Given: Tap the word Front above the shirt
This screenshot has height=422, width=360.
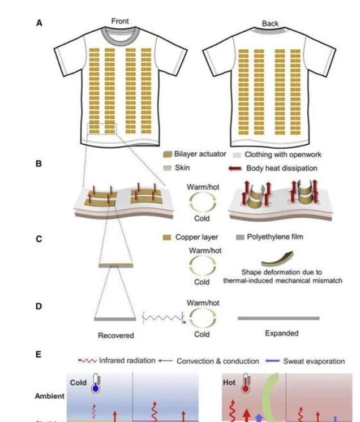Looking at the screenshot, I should point(120,21).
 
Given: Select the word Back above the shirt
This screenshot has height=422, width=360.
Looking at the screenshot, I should point(271,24).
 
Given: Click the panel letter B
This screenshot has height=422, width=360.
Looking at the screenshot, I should point(39,163).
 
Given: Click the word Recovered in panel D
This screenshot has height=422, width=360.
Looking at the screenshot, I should point(115,335).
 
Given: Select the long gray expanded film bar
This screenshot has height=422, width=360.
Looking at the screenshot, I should point(278,318).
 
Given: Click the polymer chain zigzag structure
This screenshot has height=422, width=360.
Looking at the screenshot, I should point(162,319).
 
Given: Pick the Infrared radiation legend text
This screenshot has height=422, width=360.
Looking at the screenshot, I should point(127,360).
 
